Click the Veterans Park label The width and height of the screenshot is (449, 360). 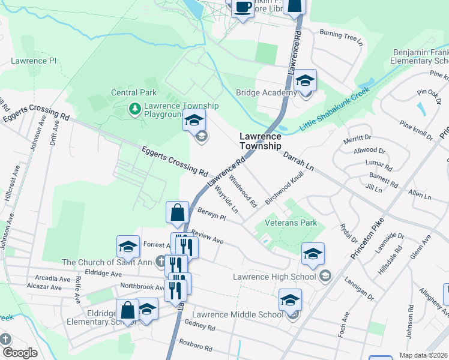(x=291, y=223)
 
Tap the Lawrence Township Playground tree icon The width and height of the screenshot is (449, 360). (x=135, y=109)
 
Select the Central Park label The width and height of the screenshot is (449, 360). (x=134, y=92)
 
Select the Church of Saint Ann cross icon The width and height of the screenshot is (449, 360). (x=160, y=261)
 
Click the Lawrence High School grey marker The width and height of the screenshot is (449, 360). (x=325, y=276)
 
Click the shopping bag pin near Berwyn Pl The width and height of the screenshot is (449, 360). (x=178, y=214)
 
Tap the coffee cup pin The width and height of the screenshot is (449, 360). (x=241, y=8)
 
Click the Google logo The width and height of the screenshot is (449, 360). (x=20, y=352)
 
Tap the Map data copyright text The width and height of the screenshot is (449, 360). (x=424, y=355)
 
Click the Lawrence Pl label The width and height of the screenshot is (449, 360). (x=34, y=61)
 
